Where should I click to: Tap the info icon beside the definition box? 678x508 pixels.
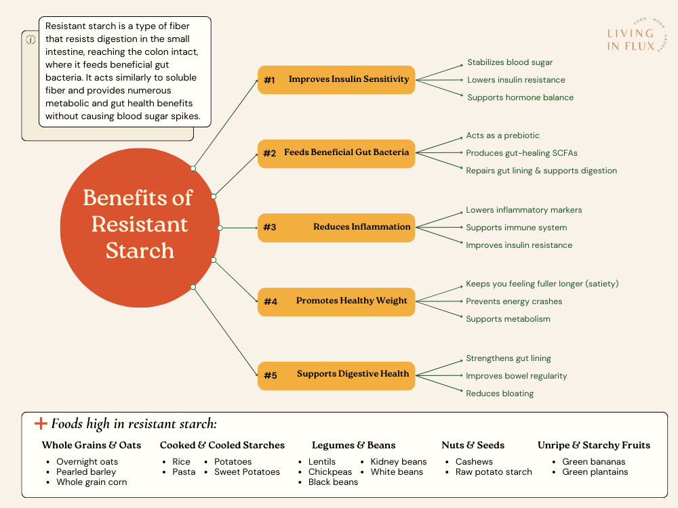[x=31, y=39]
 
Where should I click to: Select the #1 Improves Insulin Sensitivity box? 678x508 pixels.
[x=336, y=80]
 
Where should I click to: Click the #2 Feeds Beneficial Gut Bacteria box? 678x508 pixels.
[x=336, y=153]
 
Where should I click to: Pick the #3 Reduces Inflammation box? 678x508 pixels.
[x=336, y=227]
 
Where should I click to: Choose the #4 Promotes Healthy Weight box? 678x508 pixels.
[x=336, y=301]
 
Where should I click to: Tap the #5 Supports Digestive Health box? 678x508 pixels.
[x=336, y=375]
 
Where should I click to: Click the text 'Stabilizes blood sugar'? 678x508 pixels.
[x=510, y=62]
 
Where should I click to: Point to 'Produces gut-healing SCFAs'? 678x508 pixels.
[x=521, y=153]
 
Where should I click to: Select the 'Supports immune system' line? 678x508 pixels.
[x=516, y=228]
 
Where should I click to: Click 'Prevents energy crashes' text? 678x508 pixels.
[x=514, y=301]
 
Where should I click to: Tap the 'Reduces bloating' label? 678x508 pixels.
[x=500, y=394]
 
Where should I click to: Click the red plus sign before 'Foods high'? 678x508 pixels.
[x=41, y=424]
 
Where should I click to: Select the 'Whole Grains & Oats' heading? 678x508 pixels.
[x=92, y=445]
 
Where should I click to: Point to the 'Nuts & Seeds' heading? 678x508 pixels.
[x=473, y=445]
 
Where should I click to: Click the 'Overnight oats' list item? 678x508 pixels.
[x=87, y=462]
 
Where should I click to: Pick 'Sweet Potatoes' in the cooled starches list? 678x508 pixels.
[x=247, y=472]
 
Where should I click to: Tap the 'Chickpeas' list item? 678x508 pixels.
[x=330, y=472]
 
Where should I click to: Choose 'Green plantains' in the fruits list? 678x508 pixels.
[x=595, y=472]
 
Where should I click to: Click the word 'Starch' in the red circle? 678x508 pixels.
[x=140, y=251]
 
